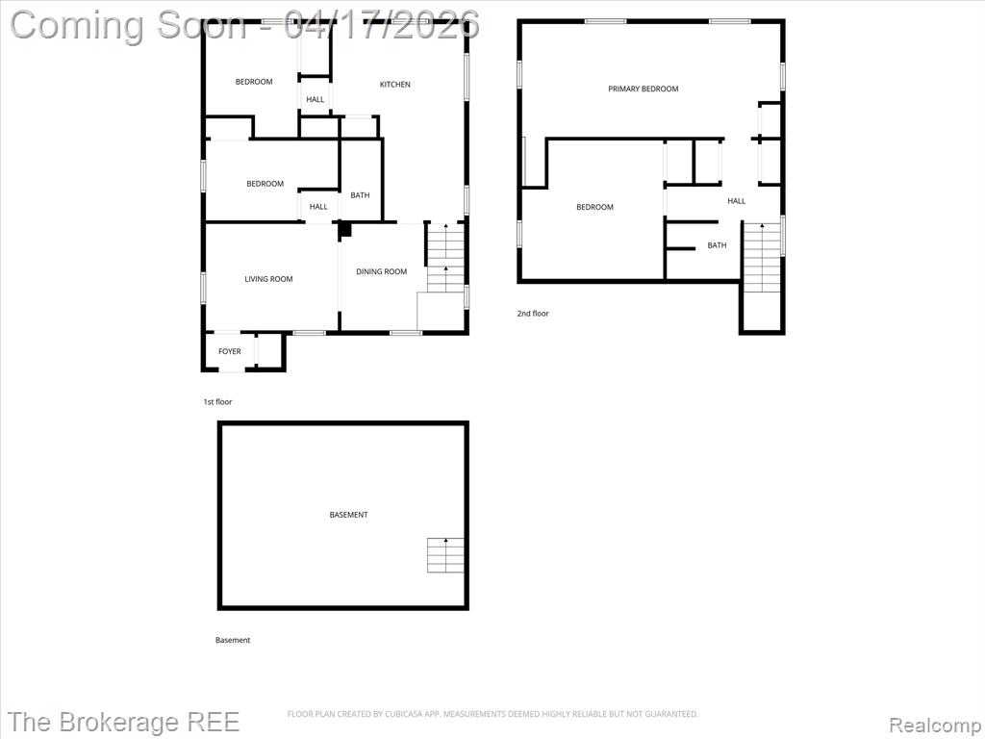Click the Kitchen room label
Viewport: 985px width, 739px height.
click(x=395, y=85)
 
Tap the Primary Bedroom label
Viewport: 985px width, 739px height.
click(x=644, y=89)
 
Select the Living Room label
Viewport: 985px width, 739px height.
click(x=269, y=279)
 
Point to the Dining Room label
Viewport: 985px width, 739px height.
click(x=381, y=271)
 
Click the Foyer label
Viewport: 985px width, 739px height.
click(x=229, y=351)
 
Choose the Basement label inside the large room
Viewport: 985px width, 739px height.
click(x=348, y=515)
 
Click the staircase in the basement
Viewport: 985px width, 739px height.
click(x=446, y=555)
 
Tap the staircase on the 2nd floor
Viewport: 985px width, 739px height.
click(x=763, y=257)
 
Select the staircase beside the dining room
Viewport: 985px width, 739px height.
click(x=446, y=257)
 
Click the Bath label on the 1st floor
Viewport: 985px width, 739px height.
click(x=360, y=195)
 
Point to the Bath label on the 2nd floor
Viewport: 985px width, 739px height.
click(x=717, y=245)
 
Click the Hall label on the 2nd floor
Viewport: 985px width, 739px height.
click(x=736, y=201)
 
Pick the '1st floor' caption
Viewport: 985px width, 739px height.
click(x=217, y=401)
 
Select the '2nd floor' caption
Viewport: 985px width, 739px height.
click(x=533, y=313)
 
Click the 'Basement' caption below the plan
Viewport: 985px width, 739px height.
click(x=233, y=640)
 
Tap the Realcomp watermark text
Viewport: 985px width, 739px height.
click(x=934, y=726)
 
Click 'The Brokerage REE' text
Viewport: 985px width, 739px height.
click(x=124, y=722)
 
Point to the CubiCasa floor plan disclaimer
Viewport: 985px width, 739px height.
click(x=492, y=714)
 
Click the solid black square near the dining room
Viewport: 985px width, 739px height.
click(x=345, y=229)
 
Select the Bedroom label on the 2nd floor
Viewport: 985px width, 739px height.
click(x=594, y=207)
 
